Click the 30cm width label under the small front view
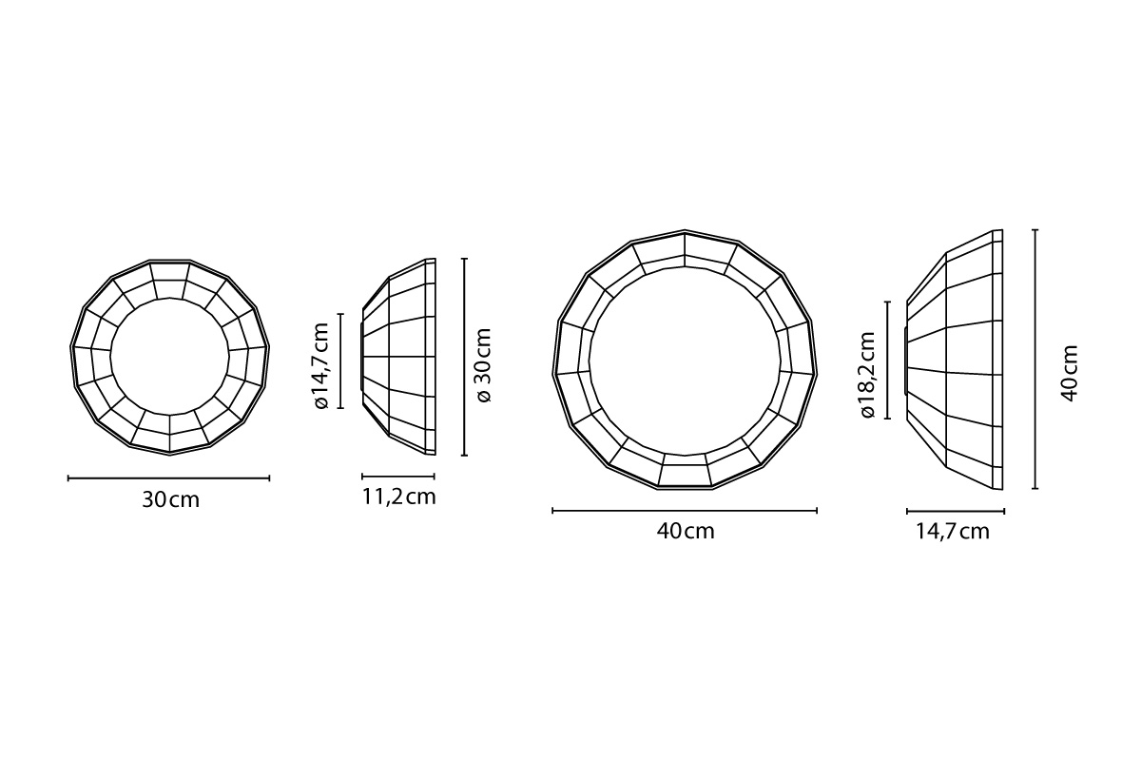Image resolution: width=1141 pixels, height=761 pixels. (170, 500)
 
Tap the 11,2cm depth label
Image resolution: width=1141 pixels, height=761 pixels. (398, 498)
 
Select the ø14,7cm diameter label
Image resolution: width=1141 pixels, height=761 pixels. (322, 365)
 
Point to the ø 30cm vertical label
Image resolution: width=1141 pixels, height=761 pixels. (482, 365)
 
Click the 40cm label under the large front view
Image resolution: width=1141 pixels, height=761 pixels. (686, 532)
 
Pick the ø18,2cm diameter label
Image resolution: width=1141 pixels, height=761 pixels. (867, 375)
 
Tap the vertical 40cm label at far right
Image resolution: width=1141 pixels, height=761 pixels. (1070, 374)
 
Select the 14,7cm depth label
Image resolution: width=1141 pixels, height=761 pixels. (953, 532)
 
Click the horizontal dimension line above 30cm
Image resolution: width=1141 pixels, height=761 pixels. (168, 478)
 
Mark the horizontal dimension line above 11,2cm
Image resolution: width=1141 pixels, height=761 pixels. (398, 477)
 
